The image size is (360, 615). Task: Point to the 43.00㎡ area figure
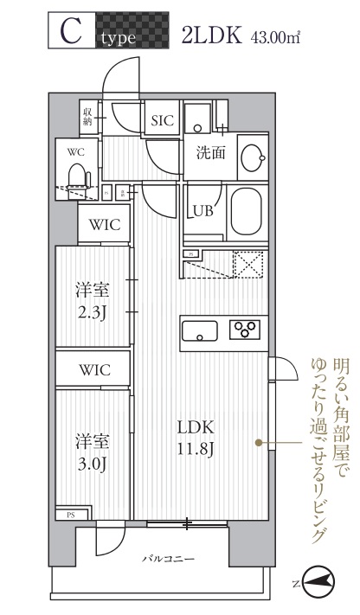[274, 37]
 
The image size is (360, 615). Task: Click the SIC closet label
[163, 122]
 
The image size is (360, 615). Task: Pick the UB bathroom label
[203, 210]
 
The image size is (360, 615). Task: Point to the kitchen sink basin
[199, 329]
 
